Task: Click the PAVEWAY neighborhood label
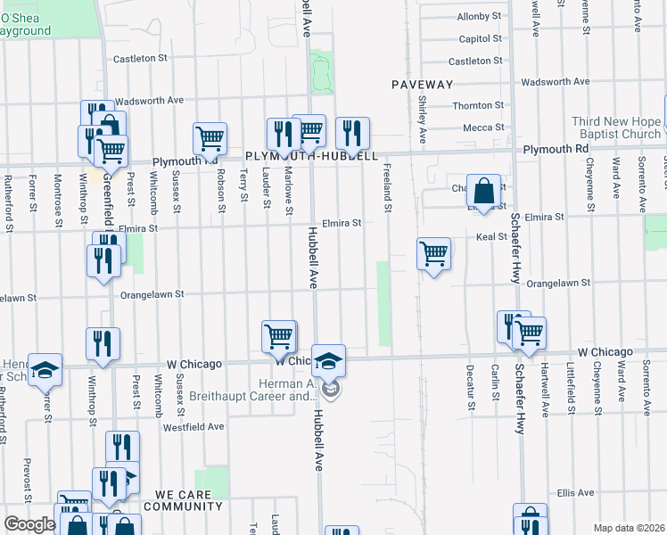coord(423,84)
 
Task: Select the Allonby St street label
coord(480,16)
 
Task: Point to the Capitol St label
coord(481,39)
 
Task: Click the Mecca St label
coord(483,128)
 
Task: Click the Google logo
coord(29,524)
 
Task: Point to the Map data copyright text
coord(630,528)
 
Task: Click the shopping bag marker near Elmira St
coord(482,191)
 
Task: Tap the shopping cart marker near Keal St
coord(433,253)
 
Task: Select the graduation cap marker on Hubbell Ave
coord(328,360)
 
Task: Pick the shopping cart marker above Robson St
coord(210,138)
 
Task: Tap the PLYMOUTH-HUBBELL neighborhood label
coord(311,154)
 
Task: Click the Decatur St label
coord(470,387)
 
